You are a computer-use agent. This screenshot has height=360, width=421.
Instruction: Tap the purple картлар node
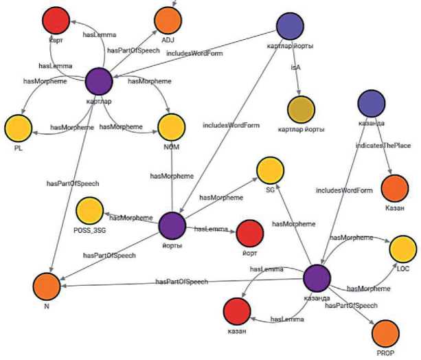tap(100, 82)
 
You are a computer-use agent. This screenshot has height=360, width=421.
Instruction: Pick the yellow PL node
tap(19, 128)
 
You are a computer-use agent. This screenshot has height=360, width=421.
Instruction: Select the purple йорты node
tap(172, 225)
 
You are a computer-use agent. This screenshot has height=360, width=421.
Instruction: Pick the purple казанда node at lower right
tap(317, 279)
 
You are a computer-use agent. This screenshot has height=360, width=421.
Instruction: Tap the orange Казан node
tap(394, 188)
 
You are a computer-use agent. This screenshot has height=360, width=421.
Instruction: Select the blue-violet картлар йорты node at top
tap(290, 27)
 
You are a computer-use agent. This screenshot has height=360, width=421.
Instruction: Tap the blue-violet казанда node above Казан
tap(372, 104)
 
